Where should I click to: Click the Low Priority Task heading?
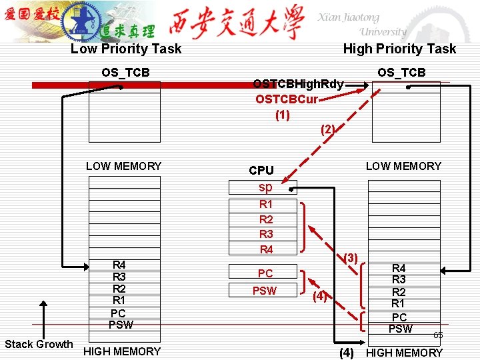[126, 49]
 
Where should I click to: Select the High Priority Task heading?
[399, 49]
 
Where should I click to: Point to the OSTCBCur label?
[287, 99]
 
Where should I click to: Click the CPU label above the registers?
[261, 171]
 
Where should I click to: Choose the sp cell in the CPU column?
[265, 187]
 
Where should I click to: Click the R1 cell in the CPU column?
[265, 205]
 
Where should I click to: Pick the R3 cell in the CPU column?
[265, 234]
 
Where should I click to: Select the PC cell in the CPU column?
[265, 273]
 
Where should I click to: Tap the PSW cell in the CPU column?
[265, 291]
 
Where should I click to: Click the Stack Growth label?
[39, 344]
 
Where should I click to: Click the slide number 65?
[438, 335]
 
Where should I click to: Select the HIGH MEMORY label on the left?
[122, 351]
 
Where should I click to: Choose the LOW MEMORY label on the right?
[403, 166]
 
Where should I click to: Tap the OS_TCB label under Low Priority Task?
[125, 72]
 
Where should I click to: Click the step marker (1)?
[283, 114]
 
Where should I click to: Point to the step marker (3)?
[351, 257]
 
